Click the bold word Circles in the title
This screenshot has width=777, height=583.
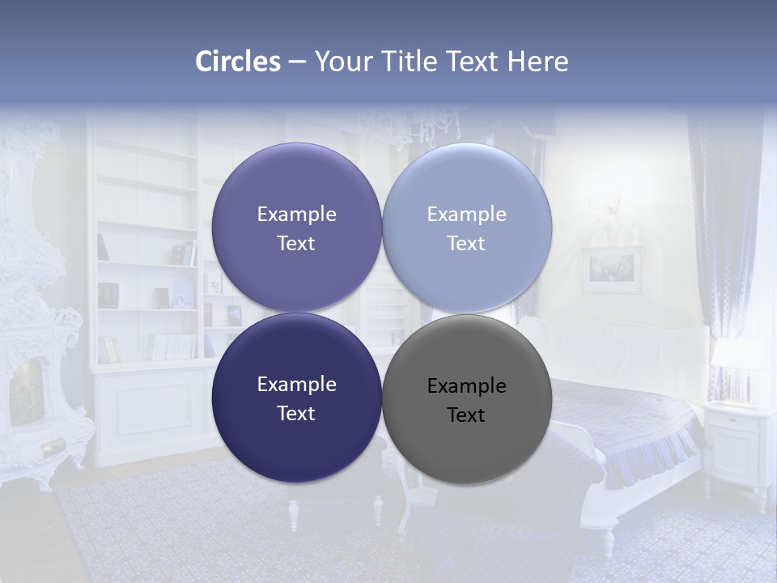pyautogui.click(x=238, y=62)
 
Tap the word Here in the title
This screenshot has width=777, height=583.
pyautogui.click(x=537, y=62)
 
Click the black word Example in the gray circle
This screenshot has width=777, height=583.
pyautogui.click(x=466, y=386)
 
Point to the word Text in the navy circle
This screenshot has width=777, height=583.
pyautogui.click(x=296, y=413)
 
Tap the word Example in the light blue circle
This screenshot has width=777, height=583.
pyautogui.click(x=466, y=215)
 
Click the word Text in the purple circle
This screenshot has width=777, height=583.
pyautogui.click(x=296, y=244)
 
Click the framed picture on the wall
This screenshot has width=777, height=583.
pyautogui.click(x=611, y=270)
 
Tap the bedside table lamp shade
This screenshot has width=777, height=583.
pyautogui.click(x=737, y=353)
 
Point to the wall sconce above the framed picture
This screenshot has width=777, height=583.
pyautogui.click(x=613, y=208)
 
